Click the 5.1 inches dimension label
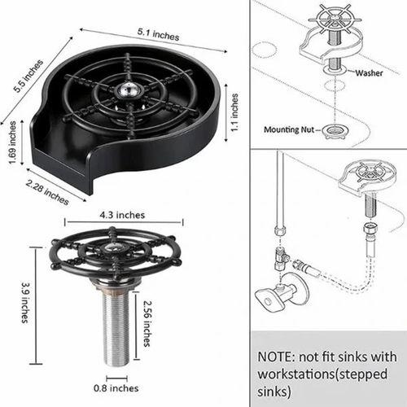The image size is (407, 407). [x=158, y=34]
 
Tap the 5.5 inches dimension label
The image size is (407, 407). [x=28, y=76]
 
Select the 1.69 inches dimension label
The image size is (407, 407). [x=12, y=142]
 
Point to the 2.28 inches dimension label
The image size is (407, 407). [x=47, y=192]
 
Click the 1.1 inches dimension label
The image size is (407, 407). [x=234, y=112]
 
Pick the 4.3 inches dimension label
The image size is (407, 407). [x=122, y=215]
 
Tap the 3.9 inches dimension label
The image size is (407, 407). [x=25, y=303]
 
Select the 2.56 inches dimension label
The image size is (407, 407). [x=147, y=323]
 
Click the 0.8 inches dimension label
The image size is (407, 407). [x=116, y=388]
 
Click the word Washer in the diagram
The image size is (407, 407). [x=369, y=72]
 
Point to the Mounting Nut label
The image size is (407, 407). [x=289, y=129]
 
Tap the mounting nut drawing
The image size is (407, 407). [x=335, y=132]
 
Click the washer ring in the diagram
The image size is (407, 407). [x=335, y=69]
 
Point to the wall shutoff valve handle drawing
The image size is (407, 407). [x=269, y=300]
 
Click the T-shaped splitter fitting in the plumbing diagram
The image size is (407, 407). [x=281, y=259]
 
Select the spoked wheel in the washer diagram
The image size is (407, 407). [x=335, y=20]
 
